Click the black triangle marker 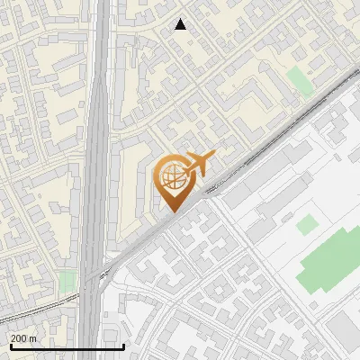coord(181,25)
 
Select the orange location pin coord(173,184)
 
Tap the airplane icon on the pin coord(199,165)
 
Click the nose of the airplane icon coord(214,156)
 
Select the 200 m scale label coord(22,338)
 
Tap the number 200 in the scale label coord(19,338)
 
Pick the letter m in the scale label coord(32,338)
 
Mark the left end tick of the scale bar coord(10,345)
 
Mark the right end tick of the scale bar coord(123,345)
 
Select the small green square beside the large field coord(307,225)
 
